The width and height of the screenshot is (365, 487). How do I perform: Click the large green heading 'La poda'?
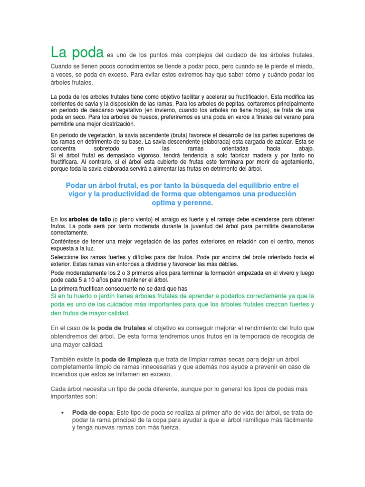pyautogui.click(x=77, y=53)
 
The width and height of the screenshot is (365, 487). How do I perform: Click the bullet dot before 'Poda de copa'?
pyautogui.click(x=62, y=412)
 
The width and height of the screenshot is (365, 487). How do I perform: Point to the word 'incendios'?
pyautogui.click(x=66, y=375)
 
